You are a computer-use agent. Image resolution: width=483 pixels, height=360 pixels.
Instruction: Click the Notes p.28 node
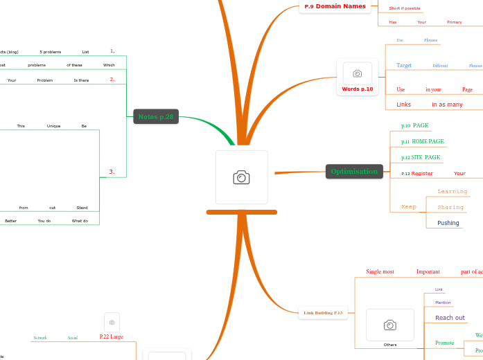click(156, 117)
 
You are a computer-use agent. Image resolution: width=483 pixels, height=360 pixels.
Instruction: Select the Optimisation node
click(354, 172)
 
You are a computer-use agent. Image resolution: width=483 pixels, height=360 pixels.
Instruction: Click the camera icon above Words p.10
click(358, 73)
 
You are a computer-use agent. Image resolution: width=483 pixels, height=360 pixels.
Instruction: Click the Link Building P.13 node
click(323, 313)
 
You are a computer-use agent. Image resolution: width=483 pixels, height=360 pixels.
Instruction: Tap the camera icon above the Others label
click(390, 325)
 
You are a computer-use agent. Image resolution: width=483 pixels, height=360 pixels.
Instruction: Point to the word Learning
click(453, 191)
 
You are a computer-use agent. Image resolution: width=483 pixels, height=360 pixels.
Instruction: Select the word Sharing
click(450, 207)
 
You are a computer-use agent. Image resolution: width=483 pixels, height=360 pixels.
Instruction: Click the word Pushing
click(448, 223)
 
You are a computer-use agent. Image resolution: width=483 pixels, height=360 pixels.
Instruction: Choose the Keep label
click(409, 207)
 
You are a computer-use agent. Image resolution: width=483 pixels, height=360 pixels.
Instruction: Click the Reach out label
click(450, 318)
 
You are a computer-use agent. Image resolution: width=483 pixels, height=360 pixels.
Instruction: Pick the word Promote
click(444, 343)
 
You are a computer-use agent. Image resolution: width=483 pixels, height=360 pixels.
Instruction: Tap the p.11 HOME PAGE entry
click(423, 141)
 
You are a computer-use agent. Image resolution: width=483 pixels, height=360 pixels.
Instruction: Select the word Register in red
click(422, 174)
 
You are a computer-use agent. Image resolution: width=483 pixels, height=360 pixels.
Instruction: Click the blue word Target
click(404, 66)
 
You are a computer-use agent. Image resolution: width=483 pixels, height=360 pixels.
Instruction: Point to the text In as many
click(447, 105)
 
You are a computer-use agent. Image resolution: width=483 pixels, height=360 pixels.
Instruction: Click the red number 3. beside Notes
click(112, 171)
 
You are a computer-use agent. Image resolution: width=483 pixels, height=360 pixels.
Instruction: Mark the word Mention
click(443, 303)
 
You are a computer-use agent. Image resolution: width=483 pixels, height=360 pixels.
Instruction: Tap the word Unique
click(53, 126)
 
